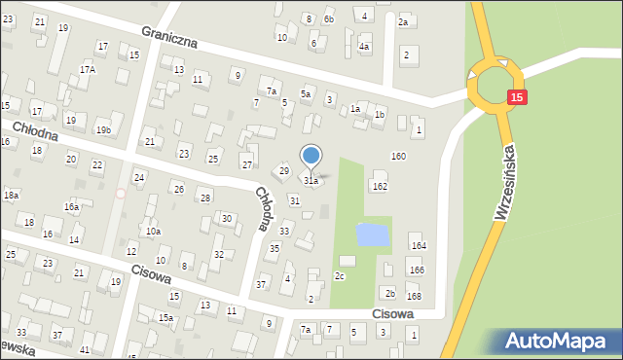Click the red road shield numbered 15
click(x=517, y=97)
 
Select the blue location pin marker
click(x=311, y=157)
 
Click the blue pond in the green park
click(x=371, y=234)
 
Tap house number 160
click(x=398, y=156)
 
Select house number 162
click(x=380, y=185)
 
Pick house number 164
click(x=417, y=246)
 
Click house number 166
click(x=417, y=270)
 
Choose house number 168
click(x=415, y=296)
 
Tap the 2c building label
click(x=340, y=276)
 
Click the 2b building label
click(x=389, y=293)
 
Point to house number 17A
click(x=88, y=70)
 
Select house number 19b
click(x=103, y=129)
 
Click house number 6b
click(x=328, y=19)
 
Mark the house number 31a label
click(x=311, y=181)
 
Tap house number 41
click(x=85, y=349)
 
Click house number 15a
click(x=166, y=318)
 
